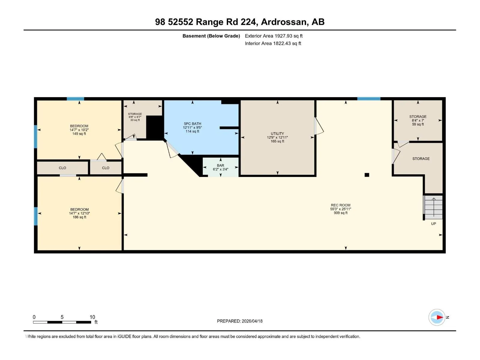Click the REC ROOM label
(x=340, y=209)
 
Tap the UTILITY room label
(x=277, y=137)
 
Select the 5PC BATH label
(x=192, y=127)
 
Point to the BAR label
(x=220, y=167)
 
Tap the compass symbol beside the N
(x=437, y=317)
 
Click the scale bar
(x=62, y=322)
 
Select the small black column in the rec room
(x=367, y=175)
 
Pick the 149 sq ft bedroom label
(x=79, y=130)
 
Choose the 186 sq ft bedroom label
(x=79, y=213)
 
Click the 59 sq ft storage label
(x=418, y=120)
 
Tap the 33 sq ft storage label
(x=135, y=117)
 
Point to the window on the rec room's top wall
(x=369, y=99)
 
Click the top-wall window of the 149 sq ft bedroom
(x=75, y=99)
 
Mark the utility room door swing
(x=319, y=126)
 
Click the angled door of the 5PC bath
(x=172, y=149)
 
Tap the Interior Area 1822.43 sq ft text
(x=273, y=43)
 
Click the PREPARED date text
(x=240, y=321)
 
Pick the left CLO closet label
(x=62, y=168)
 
